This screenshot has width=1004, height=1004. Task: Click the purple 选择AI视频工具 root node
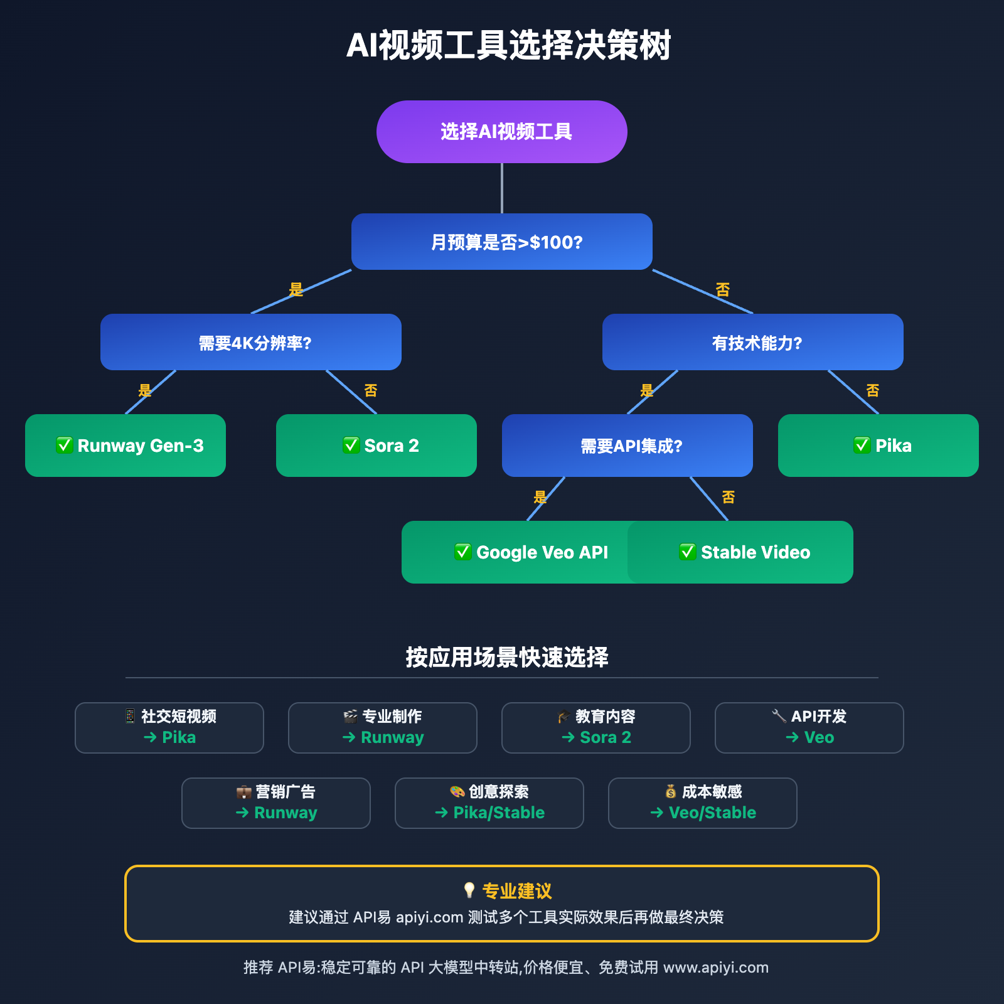(502, 132)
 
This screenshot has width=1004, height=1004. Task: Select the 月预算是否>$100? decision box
(502, 242)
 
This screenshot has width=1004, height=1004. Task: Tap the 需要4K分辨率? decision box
(251, 342)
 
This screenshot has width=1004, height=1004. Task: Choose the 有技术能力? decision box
(753, 342)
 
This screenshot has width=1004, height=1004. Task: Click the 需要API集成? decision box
(627, 446)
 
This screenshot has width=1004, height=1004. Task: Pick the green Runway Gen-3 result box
(125, 446)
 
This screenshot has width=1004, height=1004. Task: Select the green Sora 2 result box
(376, 446)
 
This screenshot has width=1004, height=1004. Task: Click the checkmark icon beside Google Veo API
(463, 552)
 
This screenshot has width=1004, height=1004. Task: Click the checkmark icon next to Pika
(862, 445)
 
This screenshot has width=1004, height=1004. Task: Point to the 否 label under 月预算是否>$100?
(722, 289)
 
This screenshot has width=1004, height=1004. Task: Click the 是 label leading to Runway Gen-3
(145, 390)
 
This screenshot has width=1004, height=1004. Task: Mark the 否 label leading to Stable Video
(728, 497)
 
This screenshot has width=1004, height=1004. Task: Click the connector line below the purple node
(502, 188)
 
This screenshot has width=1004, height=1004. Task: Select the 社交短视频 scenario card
(169, 727)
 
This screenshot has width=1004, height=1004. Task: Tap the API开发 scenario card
(809, 727)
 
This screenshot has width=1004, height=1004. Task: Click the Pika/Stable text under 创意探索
(499, 813)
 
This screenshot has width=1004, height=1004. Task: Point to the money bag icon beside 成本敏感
(671, 791)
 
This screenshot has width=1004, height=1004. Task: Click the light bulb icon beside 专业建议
(469, 890)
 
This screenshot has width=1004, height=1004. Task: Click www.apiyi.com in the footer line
(716, 968)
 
